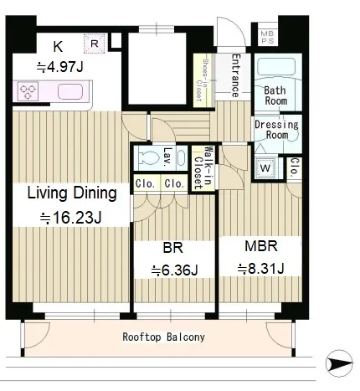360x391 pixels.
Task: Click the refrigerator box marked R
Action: tap(95, 44)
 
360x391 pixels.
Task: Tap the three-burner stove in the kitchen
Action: tap(28, 91)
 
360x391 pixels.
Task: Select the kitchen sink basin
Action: tap(70, 91)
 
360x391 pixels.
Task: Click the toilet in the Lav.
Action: tap(147, 157)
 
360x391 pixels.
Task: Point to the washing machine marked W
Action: tap(265, 167)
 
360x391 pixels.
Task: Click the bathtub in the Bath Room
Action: tap(275, 67)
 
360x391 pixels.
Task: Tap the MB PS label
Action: tap(267, 37)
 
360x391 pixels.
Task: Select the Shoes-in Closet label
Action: tap(203, 80)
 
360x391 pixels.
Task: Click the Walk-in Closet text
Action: tap(202, 167)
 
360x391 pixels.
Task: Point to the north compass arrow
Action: tap(339, 363)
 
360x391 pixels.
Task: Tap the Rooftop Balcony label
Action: tap(163, 337)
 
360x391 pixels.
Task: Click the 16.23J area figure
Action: tap(70, 218)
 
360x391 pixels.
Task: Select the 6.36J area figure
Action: tap(174, 270)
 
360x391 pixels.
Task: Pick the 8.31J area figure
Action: tap(261, 269)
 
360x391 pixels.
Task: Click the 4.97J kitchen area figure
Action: tap(60, 67)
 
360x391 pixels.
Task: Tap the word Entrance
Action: tap(236, 75)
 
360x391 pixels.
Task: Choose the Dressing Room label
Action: tap(276, 130)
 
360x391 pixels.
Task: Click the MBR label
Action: tap(261, 246)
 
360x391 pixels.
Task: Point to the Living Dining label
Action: tap(72, 193)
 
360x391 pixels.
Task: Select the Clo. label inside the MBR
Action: tap(295, 167)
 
